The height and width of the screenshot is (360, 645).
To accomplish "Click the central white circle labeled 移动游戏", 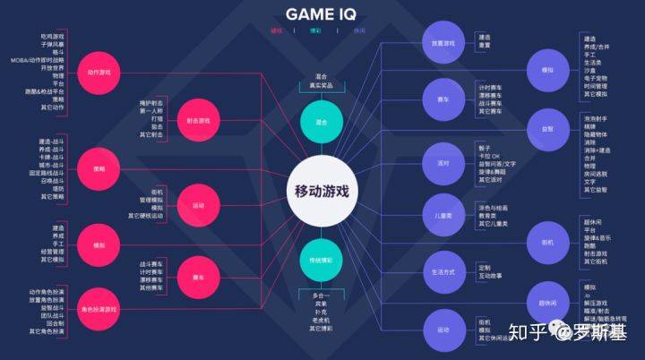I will (322, 190).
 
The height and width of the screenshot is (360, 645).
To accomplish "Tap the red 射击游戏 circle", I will (199, 120).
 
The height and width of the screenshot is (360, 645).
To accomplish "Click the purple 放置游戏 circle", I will (443, 42).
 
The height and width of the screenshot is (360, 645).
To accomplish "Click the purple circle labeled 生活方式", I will (443, 271).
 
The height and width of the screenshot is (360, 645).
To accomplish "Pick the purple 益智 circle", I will (546, 128).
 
